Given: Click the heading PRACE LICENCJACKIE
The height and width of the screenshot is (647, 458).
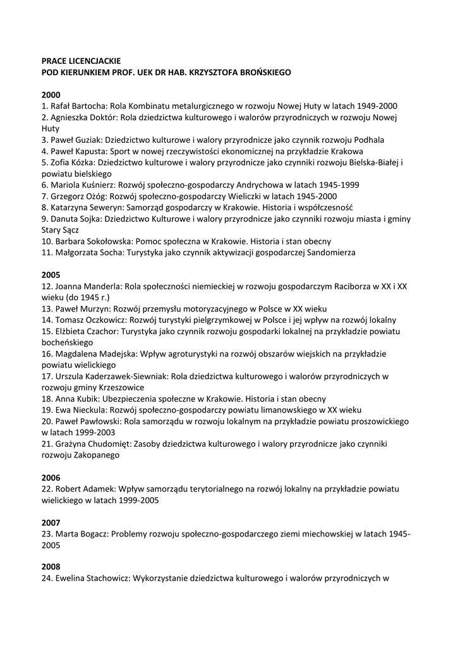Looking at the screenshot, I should [x=81, y=61].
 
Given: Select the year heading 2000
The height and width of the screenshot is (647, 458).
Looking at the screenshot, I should [x=51, y=95].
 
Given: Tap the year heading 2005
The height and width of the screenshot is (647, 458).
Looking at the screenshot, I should [x=51, y=275].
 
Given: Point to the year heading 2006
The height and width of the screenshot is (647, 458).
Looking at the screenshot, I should [x=51, y=478].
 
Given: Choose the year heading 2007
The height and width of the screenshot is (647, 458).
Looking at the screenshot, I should [x=51, y=523].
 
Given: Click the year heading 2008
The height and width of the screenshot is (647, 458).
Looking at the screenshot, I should [x=51, y=567].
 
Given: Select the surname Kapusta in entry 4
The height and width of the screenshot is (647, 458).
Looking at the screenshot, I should [x=99, y=152].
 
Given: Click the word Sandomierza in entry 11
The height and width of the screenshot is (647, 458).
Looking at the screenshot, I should [x=330, y=253].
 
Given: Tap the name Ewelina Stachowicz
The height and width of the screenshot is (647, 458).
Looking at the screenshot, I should [x=92, y=579].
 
